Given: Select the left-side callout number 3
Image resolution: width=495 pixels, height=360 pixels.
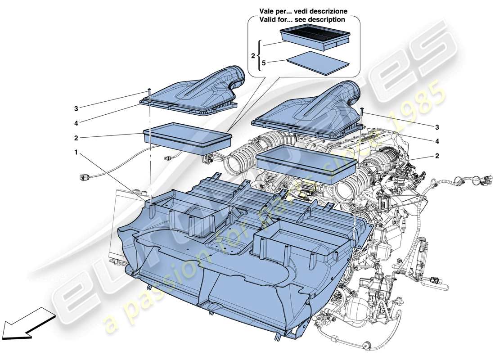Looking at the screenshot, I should [x=76, y=108].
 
